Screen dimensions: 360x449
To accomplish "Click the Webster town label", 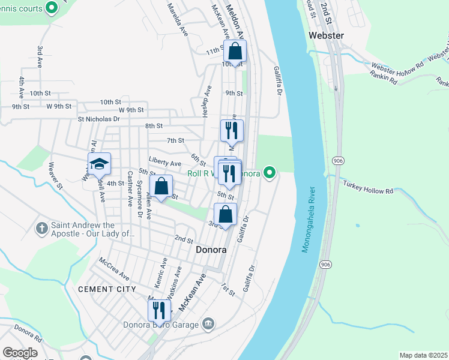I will tap(326, 35).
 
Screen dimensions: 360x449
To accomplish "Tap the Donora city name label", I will tap(211, 249).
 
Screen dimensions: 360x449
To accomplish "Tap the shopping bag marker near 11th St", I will tap(235, 52).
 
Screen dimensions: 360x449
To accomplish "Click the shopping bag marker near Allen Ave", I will tap(161, 187).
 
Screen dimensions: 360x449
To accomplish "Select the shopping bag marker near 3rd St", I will tap(225, 215).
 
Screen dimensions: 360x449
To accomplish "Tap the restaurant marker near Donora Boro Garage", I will tap(159, 311).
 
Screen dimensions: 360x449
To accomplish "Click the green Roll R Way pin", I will tap(270, 173).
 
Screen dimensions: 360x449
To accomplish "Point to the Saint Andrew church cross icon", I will tap(41, 229).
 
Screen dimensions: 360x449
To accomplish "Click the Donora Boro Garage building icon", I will tap(208, 325).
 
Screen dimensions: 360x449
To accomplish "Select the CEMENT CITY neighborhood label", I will tap(104, 289).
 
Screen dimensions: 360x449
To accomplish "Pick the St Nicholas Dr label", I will tap(98, 119).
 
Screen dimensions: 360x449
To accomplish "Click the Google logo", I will tap(20, 353).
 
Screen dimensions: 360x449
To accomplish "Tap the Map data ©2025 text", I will tap(423, 355).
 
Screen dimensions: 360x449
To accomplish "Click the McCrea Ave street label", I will tap(115, 269).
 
